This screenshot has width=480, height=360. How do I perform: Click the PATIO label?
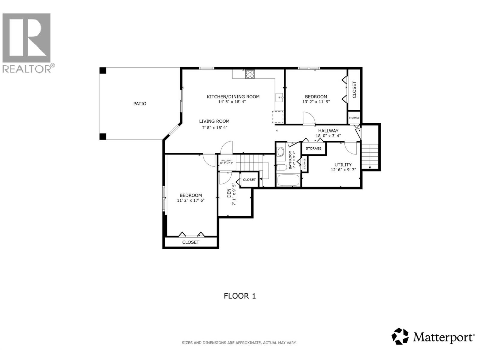point(140,104)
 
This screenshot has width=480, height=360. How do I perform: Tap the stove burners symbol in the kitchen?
point(250,74)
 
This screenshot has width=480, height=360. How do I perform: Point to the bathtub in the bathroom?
point(288,180)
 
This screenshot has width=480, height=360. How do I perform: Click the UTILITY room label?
point(343,165)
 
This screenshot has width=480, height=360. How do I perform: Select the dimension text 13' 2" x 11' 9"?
point(316,102)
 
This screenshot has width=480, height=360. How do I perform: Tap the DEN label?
point(229,193)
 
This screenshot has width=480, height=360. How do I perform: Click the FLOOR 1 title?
point(240,296)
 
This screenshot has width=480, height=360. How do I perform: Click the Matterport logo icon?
point(400,336)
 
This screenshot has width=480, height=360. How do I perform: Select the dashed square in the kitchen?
point(277,117)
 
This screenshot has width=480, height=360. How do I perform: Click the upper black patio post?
point(103,70)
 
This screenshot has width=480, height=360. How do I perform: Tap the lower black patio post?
point(103,136)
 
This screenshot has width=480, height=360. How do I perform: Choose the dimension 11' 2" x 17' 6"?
point(191,200)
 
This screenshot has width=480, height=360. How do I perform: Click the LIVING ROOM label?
point(214,121)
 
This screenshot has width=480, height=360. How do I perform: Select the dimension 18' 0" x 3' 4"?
point(328,136)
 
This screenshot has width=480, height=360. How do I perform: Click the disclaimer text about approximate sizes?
point(239,343)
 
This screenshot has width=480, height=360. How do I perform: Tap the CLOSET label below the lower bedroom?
point(191,242)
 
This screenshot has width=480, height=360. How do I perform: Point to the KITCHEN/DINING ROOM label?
point(233,97)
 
